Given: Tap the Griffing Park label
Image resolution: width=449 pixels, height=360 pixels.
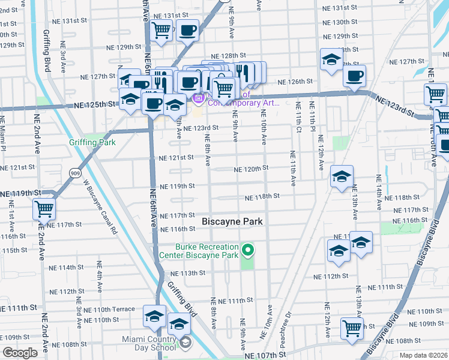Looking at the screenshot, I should click(x=92, y=142).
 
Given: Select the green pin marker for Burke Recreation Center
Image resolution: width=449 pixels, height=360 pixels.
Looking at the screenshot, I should click(x=247, y=249).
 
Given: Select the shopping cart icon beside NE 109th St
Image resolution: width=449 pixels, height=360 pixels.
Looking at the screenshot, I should click(x=352, y=327).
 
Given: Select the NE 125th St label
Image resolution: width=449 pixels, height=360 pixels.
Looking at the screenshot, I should click(x=93, y=105).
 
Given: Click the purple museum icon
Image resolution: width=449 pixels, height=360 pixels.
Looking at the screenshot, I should click(x=198, y=97).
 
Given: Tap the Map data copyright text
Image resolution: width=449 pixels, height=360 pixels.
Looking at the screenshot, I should click(x=423, y=355).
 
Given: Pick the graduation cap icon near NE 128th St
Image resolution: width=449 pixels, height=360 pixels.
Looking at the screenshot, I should click(x=330, y=59).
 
